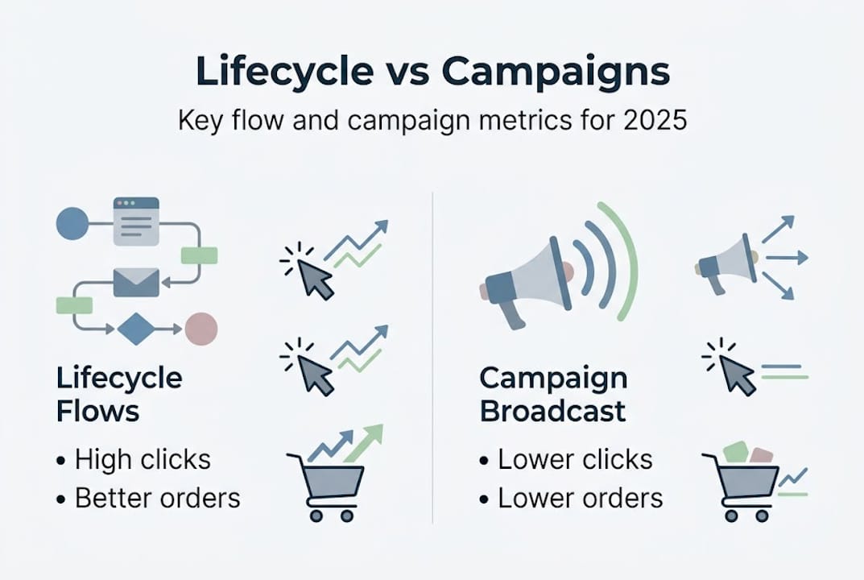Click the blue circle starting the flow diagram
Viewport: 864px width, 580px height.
coord(72,223)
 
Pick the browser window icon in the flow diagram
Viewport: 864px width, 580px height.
coord(136,221)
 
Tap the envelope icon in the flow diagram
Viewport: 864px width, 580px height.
coord(136,282)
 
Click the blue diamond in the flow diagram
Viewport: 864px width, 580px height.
coord(134,328)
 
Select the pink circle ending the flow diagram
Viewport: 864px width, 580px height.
coord(201,328)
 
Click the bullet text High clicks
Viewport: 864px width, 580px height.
coord(142,460)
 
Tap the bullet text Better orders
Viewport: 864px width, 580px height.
coord(156,498)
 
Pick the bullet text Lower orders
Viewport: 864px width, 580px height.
coord(579,498)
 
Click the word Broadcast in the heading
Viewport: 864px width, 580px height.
coord(552,411)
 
